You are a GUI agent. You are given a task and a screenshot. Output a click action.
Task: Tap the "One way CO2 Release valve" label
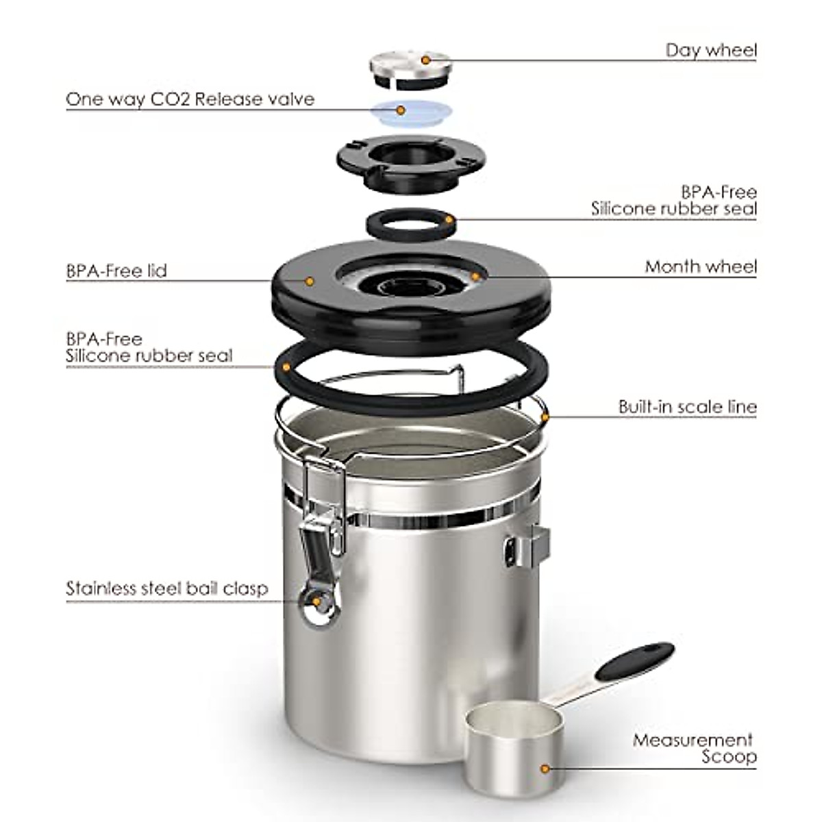pos(190,99)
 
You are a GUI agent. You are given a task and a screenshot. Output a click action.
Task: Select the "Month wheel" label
pos(700,266)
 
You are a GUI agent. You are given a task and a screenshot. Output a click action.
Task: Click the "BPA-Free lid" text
pos(116,271)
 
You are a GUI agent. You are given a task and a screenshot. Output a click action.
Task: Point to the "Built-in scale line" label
pos(687,407)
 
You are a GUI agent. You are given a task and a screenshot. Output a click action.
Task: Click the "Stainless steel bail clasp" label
pos(166,589)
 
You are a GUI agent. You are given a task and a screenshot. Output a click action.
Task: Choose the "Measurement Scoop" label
pos(693,749)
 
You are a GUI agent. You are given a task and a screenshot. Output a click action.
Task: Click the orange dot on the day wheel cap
pos(425,60)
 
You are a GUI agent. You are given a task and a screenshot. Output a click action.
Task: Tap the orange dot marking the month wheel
pos(475,277)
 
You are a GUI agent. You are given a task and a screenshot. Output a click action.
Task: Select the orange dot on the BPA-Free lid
pos(309,281)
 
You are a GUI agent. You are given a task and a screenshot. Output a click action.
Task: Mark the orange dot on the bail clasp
pos(316,601)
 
